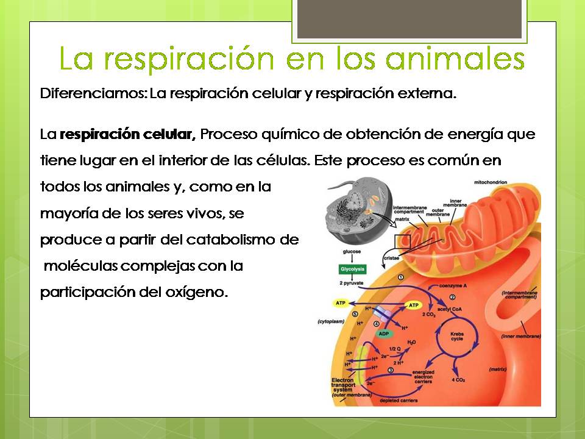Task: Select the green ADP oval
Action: tap(384, 334)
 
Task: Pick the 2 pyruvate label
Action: tap(350, 285)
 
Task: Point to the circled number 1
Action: tap(401, 277)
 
